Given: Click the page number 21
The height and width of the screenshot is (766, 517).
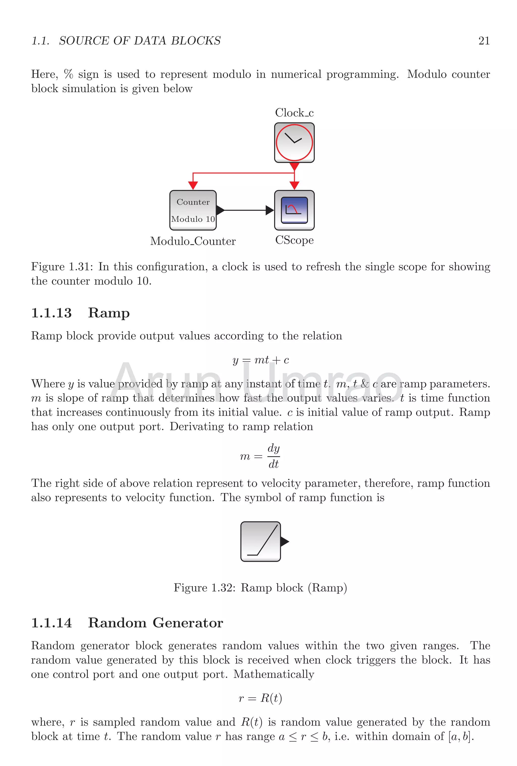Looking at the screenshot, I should point(483,41).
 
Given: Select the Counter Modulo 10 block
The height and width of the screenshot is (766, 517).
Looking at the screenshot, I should point(193,210).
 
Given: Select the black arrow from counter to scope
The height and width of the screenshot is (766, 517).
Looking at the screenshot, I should point(245,210).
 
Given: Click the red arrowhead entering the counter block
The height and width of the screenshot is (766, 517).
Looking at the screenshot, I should point(193,185).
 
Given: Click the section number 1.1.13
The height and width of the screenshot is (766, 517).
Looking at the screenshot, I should point(51,313).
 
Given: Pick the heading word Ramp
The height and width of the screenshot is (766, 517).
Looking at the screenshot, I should point(109,313).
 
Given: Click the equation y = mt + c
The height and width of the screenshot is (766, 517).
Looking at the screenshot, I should point(260,360).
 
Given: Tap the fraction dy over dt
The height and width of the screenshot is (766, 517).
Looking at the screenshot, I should point(273,456).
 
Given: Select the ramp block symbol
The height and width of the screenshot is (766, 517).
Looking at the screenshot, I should point(260,541).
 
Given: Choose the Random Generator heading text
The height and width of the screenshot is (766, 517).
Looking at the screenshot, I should point(155,623).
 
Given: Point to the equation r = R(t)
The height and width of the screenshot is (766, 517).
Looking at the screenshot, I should point(260,698).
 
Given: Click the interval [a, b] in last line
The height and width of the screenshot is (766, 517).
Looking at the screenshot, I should point(461,736).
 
